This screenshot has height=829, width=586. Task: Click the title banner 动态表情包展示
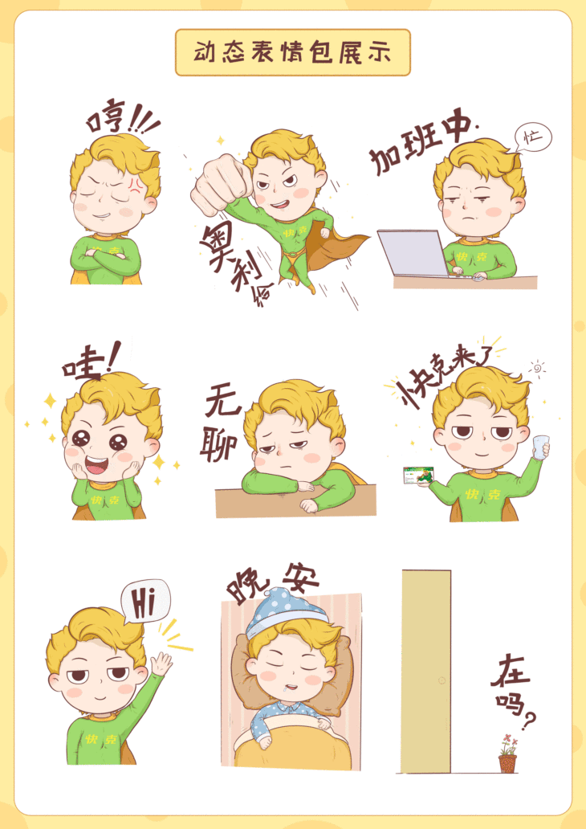[292, 53]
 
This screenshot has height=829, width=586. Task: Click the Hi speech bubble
[144, 601]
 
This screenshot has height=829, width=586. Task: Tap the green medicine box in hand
[418, 476]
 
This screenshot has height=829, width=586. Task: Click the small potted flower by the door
[507, 755]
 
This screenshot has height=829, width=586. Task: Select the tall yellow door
[425, 672]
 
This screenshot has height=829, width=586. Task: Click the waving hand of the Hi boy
[161, 664]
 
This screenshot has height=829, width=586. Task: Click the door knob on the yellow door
[441, 680]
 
